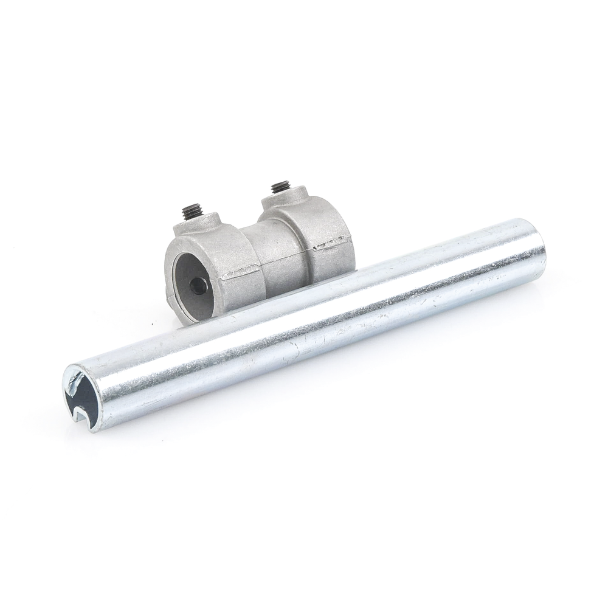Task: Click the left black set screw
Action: click(192, 212)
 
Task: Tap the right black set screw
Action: click(280, 187)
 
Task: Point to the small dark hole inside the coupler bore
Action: click(198, 285)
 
